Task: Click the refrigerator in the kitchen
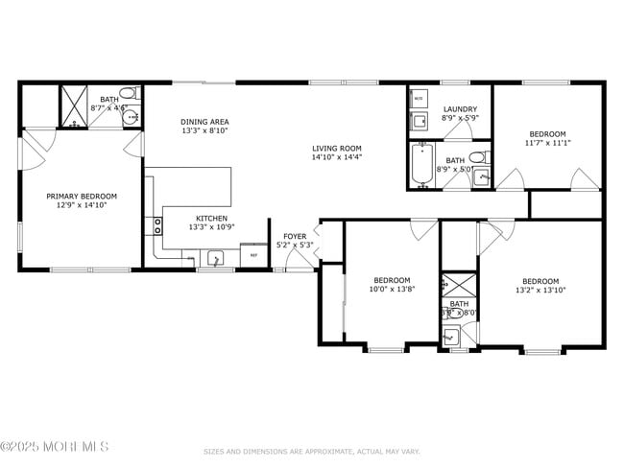(x=253, y=255)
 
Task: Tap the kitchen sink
(x=216, y=257)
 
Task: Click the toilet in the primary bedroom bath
(x=135, y=94)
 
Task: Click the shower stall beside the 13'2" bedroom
(x=458, y=285)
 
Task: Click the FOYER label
(x=294, y=236)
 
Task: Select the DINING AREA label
(x=204, y=122)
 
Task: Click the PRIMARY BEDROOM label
(x=82, y=196)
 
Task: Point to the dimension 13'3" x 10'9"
(x=211, y=228)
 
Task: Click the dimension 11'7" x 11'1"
(x=547, y=143)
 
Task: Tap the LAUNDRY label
(x=459, y=108)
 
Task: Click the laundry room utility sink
(x=420, y=121)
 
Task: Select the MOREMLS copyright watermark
(x=55, y=447)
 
